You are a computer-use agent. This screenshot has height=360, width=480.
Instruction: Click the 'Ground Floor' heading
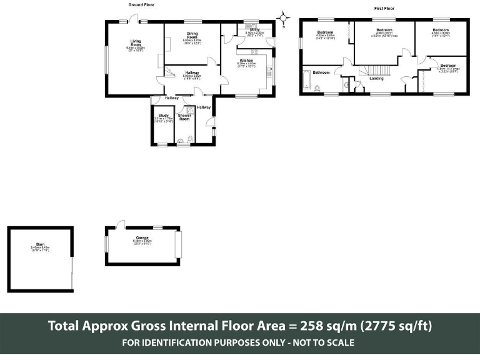tap(141, 4)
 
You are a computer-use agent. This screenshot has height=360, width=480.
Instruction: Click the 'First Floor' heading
tap(384, 9)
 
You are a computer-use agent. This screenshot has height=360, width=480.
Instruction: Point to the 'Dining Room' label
tap(192, 36)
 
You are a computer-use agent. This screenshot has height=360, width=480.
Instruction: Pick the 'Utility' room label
tap(254, 29)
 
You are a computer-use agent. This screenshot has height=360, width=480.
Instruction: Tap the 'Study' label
tap(163, 115)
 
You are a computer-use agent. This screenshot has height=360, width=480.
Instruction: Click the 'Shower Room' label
tap(184, 117)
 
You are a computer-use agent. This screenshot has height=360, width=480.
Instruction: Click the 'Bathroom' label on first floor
tap(321, 72)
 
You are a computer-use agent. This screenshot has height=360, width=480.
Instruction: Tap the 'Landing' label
tap(376, 79)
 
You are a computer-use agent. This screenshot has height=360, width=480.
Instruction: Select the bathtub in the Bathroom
tap(306, 81)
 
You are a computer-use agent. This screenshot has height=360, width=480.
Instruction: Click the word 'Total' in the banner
tap(66, 326)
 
